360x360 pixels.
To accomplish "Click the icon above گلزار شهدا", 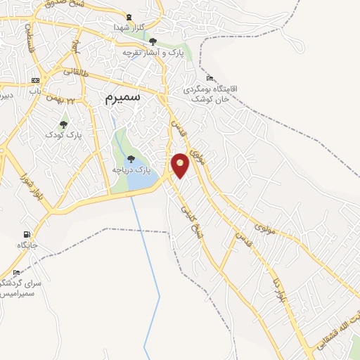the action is coord(128,16).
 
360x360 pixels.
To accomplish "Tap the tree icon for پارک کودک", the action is coord(64,124).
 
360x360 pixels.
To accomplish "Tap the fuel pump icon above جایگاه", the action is coord(27,234).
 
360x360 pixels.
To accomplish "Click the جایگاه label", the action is coord(27,245).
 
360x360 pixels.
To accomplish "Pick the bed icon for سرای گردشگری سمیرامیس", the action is coord(16,272).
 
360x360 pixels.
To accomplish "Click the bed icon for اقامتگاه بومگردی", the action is coord(210,78).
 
